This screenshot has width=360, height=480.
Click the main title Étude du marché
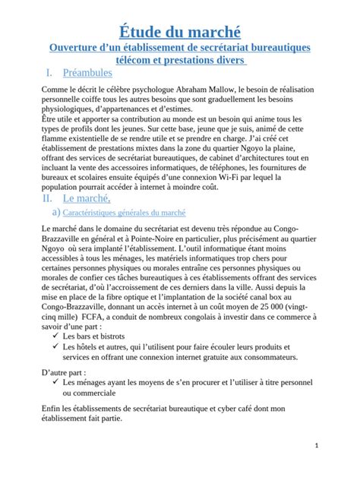tap(180, 31)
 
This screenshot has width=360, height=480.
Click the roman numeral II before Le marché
tap(47, 198)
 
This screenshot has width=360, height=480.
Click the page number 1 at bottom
tap(336, 446)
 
